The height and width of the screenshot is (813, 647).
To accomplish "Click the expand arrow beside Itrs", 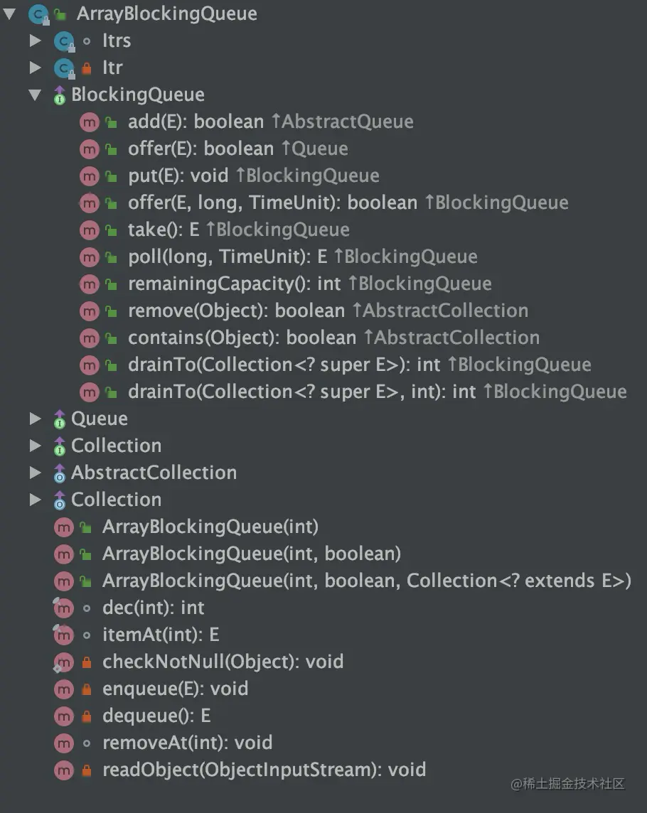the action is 35,41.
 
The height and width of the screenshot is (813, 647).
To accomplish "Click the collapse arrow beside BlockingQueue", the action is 35,95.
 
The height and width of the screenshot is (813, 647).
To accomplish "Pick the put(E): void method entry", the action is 178,176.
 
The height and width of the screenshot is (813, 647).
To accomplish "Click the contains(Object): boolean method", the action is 242,338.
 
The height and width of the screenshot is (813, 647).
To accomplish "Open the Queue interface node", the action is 100,419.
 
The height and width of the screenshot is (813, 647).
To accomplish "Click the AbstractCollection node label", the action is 154,473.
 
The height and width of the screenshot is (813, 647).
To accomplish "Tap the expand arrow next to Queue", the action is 35,419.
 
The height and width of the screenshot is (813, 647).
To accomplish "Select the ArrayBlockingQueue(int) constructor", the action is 210,527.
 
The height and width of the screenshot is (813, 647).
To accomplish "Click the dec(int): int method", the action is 153,608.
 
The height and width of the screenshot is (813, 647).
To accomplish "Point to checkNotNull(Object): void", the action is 223,662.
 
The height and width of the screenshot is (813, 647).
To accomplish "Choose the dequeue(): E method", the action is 156,716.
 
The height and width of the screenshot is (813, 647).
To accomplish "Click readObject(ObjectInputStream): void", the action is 264,770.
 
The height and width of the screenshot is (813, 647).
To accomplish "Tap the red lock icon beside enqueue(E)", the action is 87,689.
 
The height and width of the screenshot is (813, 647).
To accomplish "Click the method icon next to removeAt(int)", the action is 64,743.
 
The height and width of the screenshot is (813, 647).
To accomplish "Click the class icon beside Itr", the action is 64,68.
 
